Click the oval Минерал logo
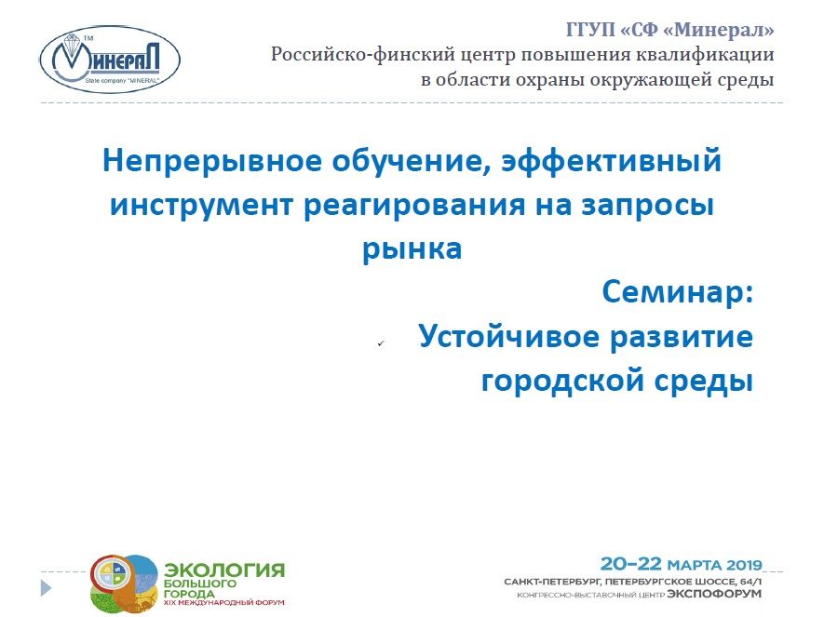110,60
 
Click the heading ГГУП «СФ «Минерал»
670,30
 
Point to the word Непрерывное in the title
211,160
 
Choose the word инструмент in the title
201,206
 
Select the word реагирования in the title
414,206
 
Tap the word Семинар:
678,292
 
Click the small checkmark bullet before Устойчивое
381,342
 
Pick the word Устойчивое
509,337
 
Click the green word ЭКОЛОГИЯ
224,570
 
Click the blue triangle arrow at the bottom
47,587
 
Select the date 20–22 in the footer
630,564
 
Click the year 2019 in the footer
744,565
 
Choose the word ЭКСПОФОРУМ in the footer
714,594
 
